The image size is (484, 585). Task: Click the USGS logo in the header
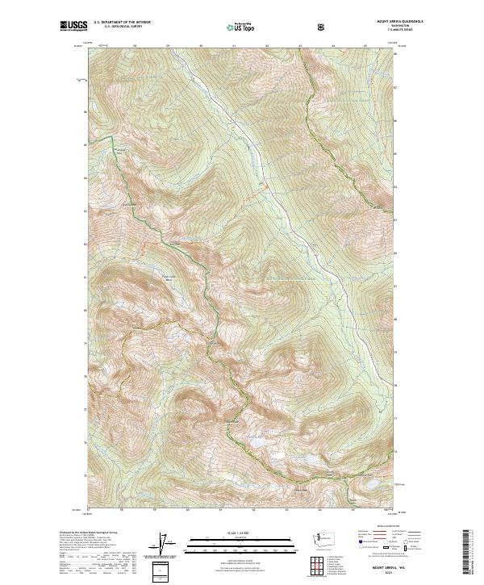coord(74,27)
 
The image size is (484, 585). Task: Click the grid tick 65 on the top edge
coord(365,46)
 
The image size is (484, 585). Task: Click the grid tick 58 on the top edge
coord(135,46)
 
